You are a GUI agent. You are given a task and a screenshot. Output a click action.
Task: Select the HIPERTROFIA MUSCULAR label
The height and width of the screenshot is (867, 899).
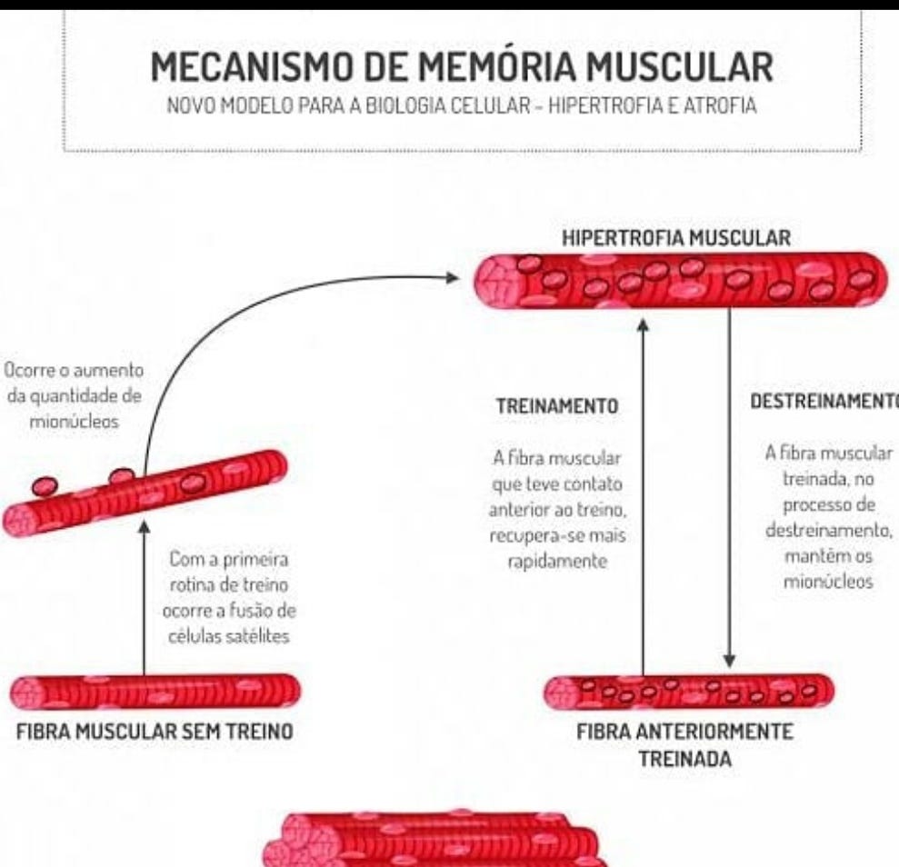[x=676, y=238]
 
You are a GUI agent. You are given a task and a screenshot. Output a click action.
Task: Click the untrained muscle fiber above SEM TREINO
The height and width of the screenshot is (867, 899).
[x=155, y=693]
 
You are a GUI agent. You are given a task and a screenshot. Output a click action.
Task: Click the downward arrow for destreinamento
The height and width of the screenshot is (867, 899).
[x=729, y=491]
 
